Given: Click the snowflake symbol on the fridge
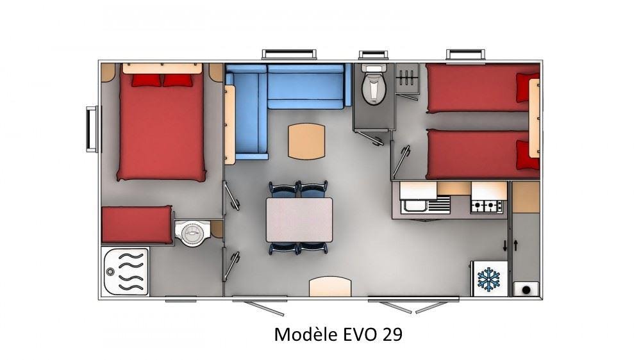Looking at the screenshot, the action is click(x=489, y=279).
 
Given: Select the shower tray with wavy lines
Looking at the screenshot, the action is click(x=125, y=272).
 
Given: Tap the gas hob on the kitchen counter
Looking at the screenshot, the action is click(x=487, y=206).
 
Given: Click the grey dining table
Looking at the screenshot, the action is click(x=299, y=220).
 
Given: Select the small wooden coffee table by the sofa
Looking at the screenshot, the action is click(x=306, y=142).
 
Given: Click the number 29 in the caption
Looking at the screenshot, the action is click(x=392, y=334).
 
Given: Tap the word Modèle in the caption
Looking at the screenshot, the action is click(x=306, y=334).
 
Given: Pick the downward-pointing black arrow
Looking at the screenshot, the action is click(x=505, y=245).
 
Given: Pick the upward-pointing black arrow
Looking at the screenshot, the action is click(x=516, y=245).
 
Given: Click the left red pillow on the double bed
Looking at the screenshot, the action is click(x=146, y=80).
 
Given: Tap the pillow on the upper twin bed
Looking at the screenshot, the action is click(x=528, y=88).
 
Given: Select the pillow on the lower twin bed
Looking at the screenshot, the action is click(x=528, y=155).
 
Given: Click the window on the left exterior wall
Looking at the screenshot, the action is click(x=92, y=129).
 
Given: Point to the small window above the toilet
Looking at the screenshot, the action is click(x=373, y=55).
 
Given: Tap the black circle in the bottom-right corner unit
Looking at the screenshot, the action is click(x=526, y=290).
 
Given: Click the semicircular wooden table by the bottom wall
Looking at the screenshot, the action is click(x=330, y=287).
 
